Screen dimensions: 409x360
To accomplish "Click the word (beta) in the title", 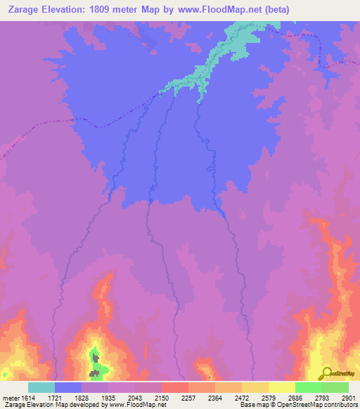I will click(274, 9).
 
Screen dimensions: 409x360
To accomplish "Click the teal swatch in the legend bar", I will click(41, 387).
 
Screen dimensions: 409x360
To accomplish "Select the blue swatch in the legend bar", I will click(68, 387).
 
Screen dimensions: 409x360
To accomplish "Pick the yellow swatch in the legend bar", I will click(281, 387).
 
